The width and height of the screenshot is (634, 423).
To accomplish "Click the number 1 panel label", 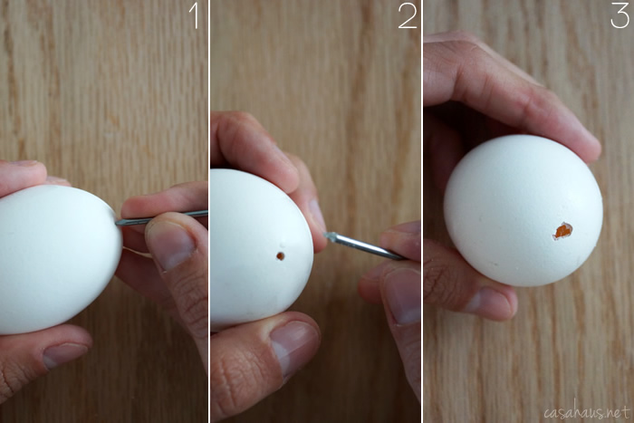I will pos(193,15).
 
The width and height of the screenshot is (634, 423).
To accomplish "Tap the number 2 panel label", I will pos(408,15).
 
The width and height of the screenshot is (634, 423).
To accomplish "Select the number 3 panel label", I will pos(620,15).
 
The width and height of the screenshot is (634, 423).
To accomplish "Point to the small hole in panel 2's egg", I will pos(280,256).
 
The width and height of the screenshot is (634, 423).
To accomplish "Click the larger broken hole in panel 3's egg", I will pos(562,231).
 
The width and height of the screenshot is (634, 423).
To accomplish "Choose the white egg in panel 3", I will pos(523,210).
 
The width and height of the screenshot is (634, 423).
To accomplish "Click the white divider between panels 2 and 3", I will pos(422,211).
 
